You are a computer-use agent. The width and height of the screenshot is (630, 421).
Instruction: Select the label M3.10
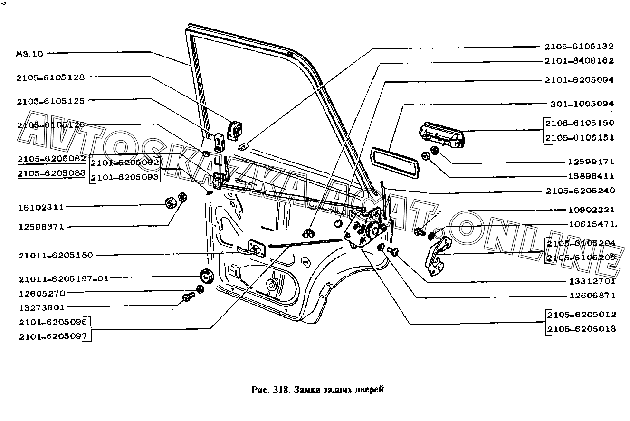(29, 54)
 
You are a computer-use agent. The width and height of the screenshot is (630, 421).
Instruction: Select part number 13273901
(41, 307)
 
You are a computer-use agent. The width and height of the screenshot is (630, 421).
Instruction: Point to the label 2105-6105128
(50, 77)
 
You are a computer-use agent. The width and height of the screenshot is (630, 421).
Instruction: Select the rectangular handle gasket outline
(394, 162)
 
